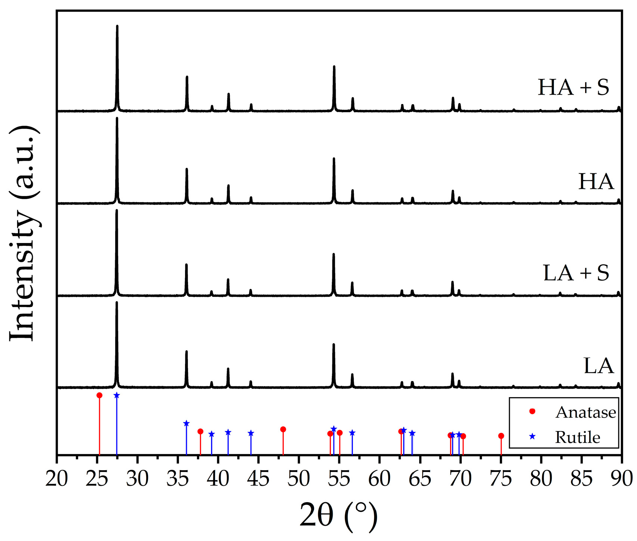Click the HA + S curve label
(573, 87)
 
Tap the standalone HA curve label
(596, 182)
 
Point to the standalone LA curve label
(598, 366)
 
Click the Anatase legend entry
(585, 412)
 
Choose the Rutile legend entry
(577, 437)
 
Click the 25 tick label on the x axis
(97, 479)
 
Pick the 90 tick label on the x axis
(621, 479)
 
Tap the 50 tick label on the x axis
(299, 479)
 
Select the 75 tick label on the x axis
(501, 479)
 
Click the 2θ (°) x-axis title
(338, 515)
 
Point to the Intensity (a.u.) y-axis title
(23, 233)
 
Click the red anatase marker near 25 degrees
(99, 395)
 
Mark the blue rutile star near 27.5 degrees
(117, 395)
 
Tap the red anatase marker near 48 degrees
(283, 430)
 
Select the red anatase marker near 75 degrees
(501, 436)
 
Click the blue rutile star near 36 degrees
(186, 424)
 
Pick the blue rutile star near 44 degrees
(251, 433)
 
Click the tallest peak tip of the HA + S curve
(117, 26)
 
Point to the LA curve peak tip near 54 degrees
(334, 344)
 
